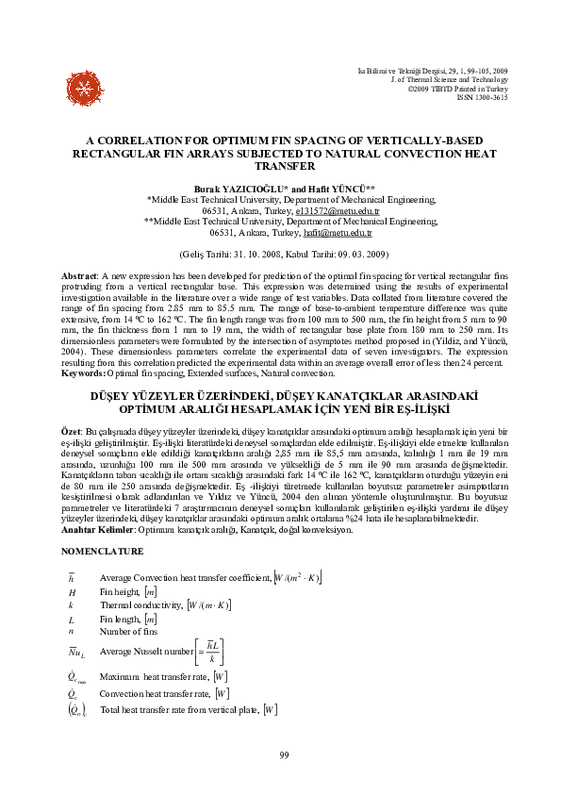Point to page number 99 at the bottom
coord(284,755)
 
